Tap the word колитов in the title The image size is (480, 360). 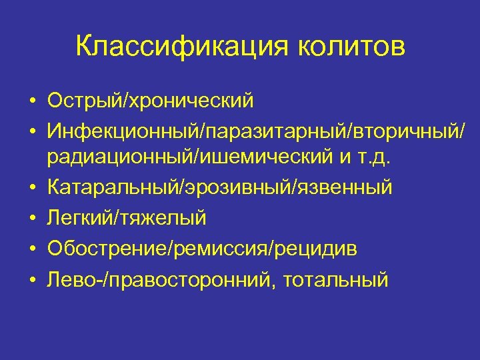click(347, 47)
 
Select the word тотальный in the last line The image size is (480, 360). click(336, 279)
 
